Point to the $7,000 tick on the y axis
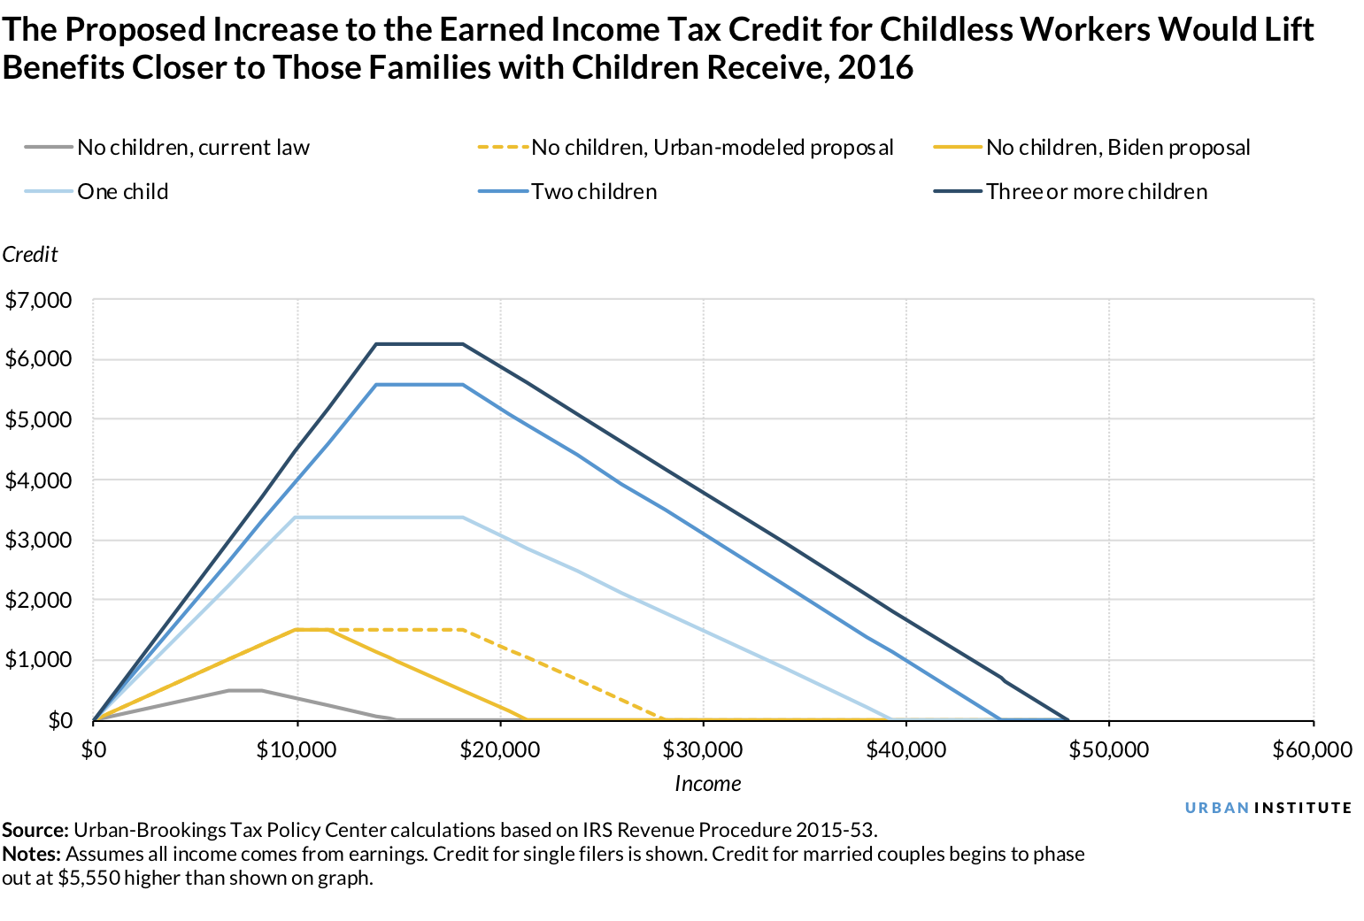(x=38, y=301)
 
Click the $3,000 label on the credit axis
(x=38, y=541)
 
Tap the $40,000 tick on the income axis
(x=906, y=750)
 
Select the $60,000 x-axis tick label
(x=1313, y=750)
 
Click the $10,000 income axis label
(x=297, y=750)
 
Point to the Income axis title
(x=707, y=784)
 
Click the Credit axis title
(x=30, y=255)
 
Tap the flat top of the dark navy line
(x=419, y=344)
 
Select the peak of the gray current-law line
(x=245, y=690)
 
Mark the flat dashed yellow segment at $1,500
(x=398, y=630)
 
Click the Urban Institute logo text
(x=1268, y=808)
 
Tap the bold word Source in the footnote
(x=35, y=831)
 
